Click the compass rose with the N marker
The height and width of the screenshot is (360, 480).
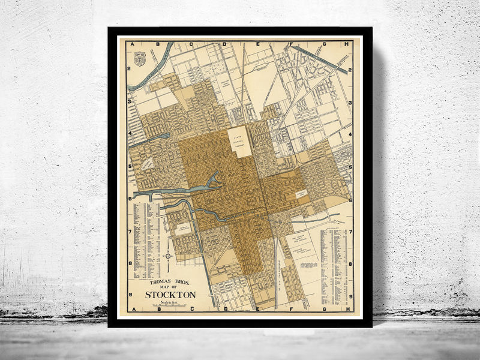(x=169, y=256)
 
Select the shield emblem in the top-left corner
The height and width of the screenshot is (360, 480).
(x=139, y=59)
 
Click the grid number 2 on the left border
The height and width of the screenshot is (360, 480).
(x=129, y=68)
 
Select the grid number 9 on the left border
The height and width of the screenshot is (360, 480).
(x=129, y=295)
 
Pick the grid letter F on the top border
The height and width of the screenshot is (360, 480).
(x=290, y=44)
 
